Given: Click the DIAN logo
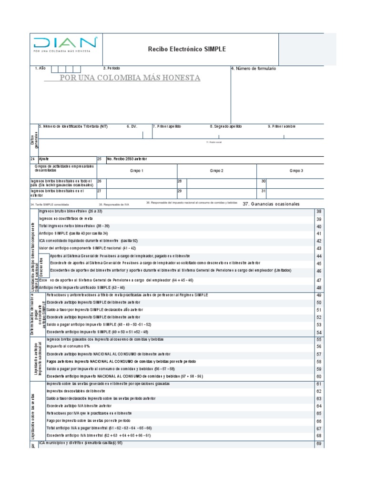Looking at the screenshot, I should (x=65, y=44).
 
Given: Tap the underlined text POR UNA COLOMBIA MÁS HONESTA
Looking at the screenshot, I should (x=129, y=78).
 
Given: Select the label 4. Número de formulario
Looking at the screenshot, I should (x=253, y=69).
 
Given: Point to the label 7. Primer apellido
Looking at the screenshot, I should (x=167, y=126).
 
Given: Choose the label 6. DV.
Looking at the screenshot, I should (x=132, y=126).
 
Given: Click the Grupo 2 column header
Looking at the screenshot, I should (x=217, y=171).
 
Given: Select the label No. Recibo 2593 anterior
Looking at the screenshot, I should (x=127, y=158).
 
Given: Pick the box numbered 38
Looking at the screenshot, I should (x=319, y=211).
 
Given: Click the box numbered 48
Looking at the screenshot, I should (x=319, y=288).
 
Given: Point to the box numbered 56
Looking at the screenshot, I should (x=319, y=346).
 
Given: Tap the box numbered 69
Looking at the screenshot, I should (x=319, y=444).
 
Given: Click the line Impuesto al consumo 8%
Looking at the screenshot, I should (x=68, y=346).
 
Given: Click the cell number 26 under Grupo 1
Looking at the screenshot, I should (x=100, y=182).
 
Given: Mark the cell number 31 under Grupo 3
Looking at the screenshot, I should (x=264, y=192).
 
